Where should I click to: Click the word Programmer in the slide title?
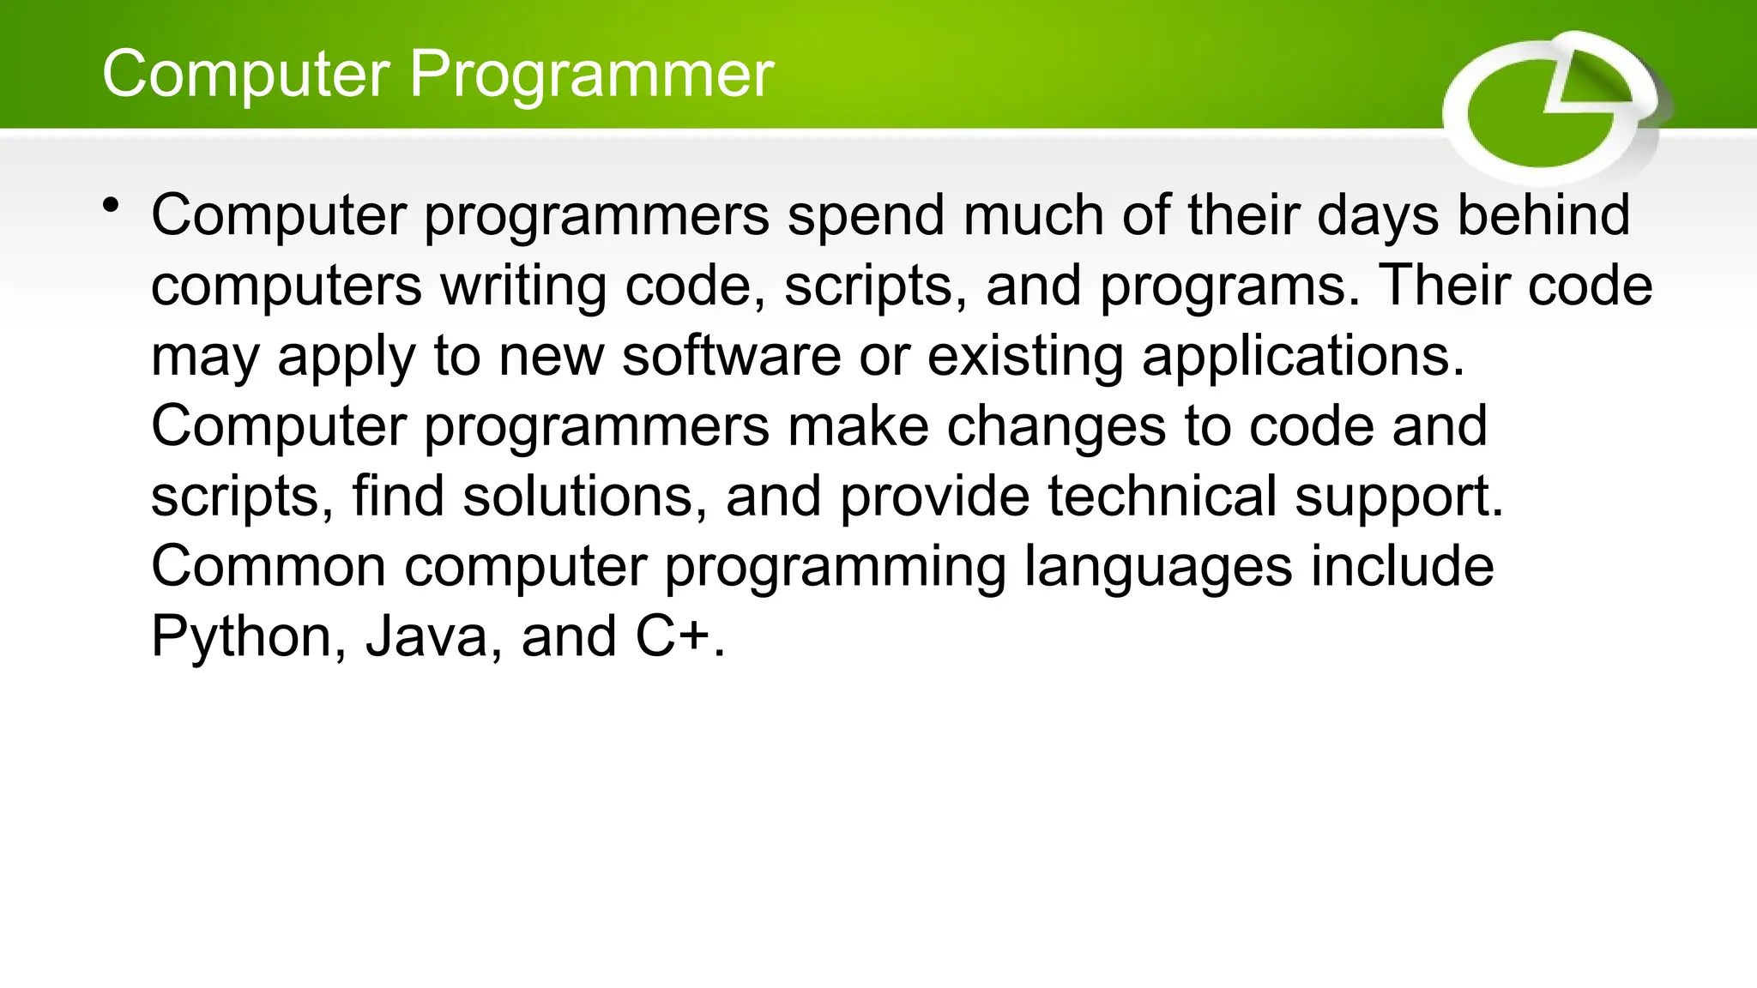(x=591, y=75)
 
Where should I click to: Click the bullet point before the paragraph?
(x=110, y=206)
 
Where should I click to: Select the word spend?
(x=866, y=215)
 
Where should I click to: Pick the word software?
(x=731, y=356)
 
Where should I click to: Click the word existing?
(x=1025, y=356)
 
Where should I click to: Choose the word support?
(x=1398, y=497)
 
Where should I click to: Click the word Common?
(x=269, y=567)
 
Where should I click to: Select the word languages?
(x=1158, y=568)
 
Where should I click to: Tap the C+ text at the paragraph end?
(x=673, y=638)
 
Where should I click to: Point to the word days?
(x=1378, y=215)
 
